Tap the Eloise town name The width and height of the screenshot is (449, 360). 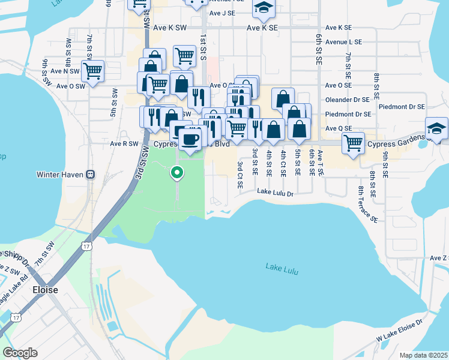(45, 290)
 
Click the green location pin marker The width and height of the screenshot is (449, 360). (177, 173)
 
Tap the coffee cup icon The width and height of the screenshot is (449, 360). (190, 139)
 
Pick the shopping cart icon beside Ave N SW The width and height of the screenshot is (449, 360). (92, 71)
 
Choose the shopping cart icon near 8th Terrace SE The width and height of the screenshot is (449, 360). (354, 143)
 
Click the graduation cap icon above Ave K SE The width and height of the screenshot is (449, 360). (262, 7)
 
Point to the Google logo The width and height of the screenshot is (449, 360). (20, 352)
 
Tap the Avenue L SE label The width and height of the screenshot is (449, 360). (343, 42)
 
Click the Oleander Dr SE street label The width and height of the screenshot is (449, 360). (347, 100)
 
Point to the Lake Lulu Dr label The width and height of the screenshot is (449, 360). (275, 193)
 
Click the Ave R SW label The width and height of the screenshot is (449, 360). (124, 144)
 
